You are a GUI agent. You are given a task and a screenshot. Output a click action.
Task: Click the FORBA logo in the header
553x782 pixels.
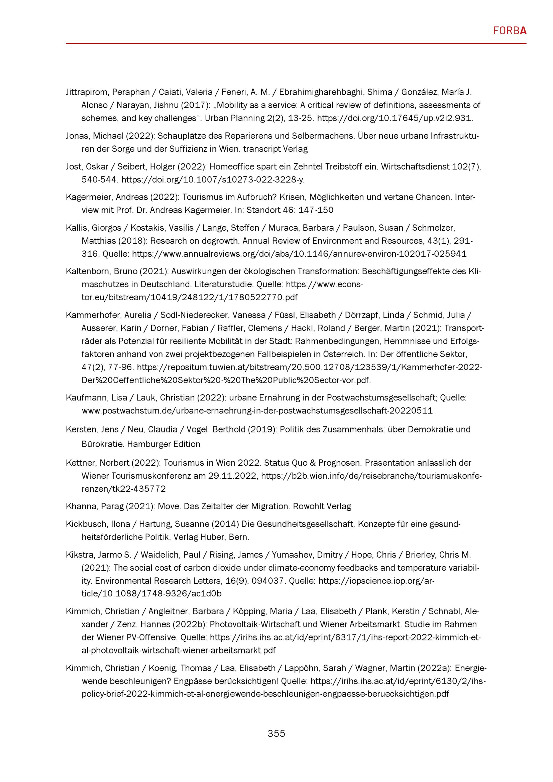click(509, 31)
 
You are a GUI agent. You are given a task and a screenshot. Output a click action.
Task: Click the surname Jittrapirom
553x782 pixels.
click(87, 92)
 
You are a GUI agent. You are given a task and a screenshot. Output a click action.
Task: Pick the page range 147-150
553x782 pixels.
click(316, 210)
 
